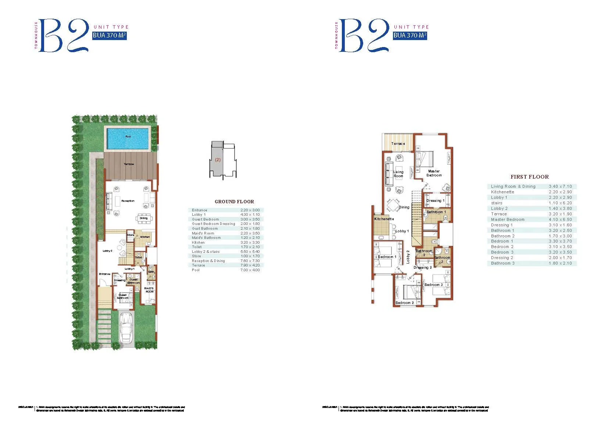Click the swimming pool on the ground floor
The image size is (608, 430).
click(128, 138)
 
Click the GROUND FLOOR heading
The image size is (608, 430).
click(234, 202)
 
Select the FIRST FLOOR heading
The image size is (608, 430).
click(529, 177)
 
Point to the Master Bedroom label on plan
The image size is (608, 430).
click(434, 173)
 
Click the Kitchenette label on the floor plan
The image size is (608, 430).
click(384, 219)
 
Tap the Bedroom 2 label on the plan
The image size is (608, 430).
click(404, 303)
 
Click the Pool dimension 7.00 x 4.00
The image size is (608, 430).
click(250, 270)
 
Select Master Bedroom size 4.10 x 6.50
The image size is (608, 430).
click(560, 219)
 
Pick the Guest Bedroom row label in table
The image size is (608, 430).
click(205, 219)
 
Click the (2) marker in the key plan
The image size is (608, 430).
click(218, 160)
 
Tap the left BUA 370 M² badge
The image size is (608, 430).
click(109, 36)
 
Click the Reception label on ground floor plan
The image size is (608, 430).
click(128, 201)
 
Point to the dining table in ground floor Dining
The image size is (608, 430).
click(143, 218)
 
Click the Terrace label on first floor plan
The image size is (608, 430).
click(398, 144)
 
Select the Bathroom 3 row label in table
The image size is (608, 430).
click(503, 263)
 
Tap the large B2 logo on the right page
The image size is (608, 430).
click(364, 36)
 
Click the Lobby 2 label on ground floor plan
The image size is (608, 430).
click(107, 251)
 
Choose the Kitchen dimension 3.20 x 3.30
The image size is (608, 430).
click(250, 243)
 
